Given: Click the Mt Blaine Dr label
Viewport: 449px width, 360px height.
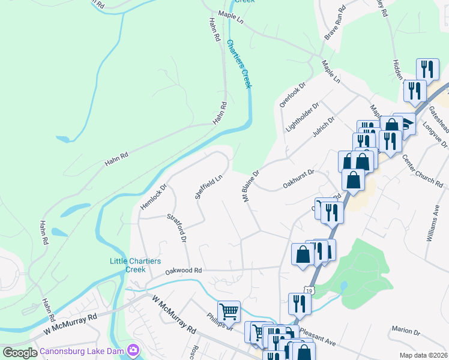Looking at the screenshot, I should [x=250, y=186].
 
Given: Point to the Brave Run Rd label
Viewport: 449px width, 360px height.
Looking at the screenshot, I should [x=336, y=23].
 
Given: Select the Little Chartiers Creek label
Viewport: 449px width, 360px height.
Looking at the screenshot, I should [x=127, y=265].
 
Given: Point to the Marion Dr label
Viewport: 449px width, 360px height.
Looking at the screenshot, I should [x=406, y=331].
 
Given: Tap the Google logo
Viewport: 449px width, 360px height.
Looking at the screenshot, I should [x=20, y=353].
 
